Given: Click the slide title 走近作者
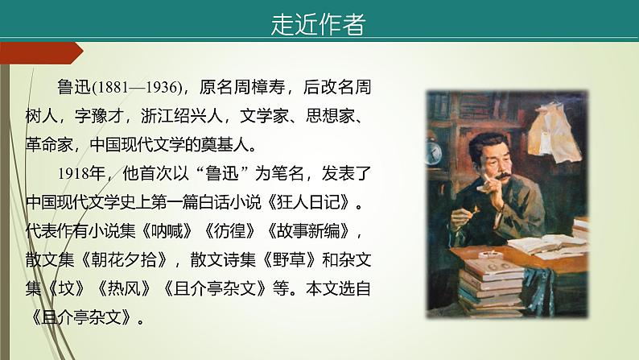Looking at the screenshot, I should (318, 24).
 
